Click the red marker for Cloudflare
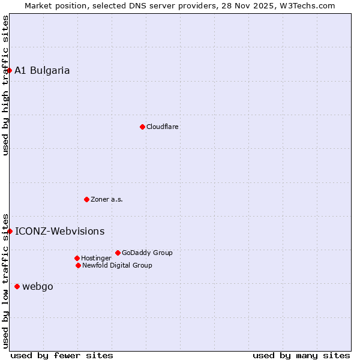[142, 127]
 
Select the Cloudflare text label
[163, 127]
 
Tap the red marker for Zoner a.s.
[86, 199]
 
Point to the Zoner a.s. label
[107, 200]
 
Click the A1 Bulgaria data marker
[9, 70]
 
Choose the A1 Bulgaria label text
[42, 71]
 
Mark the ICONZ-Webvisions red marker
[10, 231]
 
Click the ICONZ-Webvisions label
[59, 232]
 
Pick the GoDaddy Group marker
[118, 253]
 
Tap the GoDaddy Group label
[147, 253]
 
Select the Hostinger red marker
[77, 258]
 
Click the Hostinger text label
[96, 259]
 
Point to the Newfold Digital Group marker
[78, 265]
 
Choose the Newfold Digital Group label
[117, 266]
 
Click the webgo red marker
[17, 286]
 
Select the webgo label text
[38, 287]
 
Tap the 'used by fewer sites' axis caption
[62, 355]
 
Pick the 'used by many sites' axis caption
[301, 355]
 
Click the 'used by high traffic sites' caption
[6, 85]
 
